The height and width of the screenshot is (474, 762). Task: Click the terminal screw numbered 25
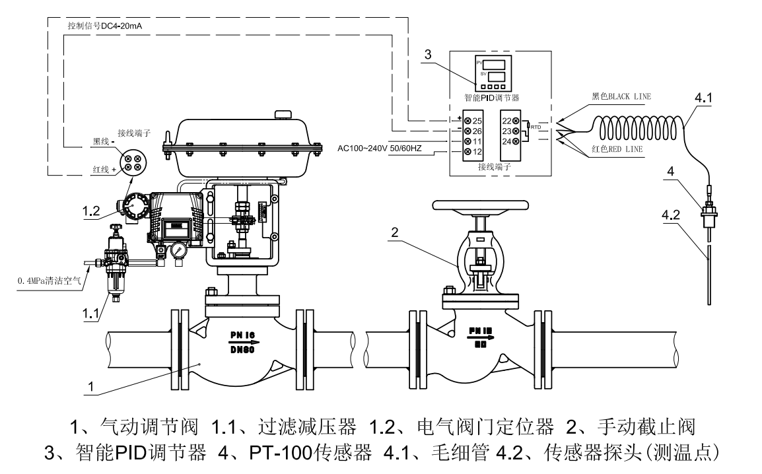468,121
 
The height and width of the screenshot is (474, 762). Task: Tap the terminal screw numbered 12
468,152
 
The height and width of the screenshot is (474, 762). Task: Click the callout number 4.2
671,215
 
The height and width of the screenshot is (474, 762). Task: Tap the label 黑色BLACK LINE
621,96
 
